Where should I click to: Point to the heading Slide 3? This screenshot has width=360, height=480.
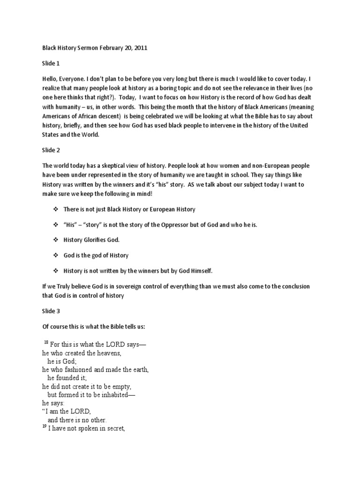tap(51, 310)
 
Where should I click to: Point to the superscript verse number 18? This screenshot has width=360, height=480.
tap(46, 343)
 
